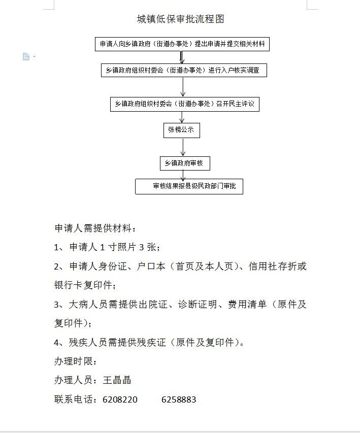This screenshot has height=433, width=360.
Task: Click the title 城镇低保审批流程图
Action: [180, 19]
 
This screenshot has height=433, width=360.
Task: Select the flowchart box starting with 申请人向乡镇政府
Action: [182, 44]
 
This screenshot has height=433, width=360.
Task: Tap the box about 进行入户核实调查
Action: [184, 71]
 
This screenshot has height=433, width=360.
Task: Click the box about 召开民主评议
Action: [184, 104]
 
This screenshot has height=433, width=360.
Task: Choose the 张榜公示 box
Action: [181, 130]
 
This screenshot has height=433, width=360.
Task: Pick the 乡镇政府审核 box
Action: [185, 163]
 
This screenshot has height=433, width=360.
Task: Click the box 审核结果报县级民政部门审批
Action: [189, 186]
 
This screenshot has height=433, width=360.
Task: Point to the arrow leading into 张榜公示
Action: [182, 117]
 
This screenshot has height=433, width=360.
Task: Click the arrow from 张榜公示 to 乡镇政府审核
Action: [183, 147]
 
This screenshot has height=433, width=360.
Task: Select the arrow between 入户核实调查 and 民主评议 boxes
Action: [183, 87]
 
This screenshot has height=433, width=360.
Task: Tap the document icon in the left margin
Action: [26, 57]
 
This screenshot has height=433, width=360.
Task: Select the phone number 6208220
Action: [120, 399]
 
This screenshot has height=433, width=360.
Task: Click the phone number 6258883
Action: [179, 399]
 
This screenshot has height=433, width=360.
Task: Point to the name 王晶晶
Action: [117, 380]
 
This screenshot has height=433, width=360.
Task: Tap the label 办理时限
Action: [74, 361]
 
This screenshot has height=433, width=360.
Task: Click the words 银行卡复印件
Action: [83, 285]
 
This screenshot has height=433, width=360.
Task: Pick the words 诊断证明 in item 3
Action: [198, 304]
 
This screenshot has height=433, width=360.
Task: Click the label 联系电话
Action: [74, 399]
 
